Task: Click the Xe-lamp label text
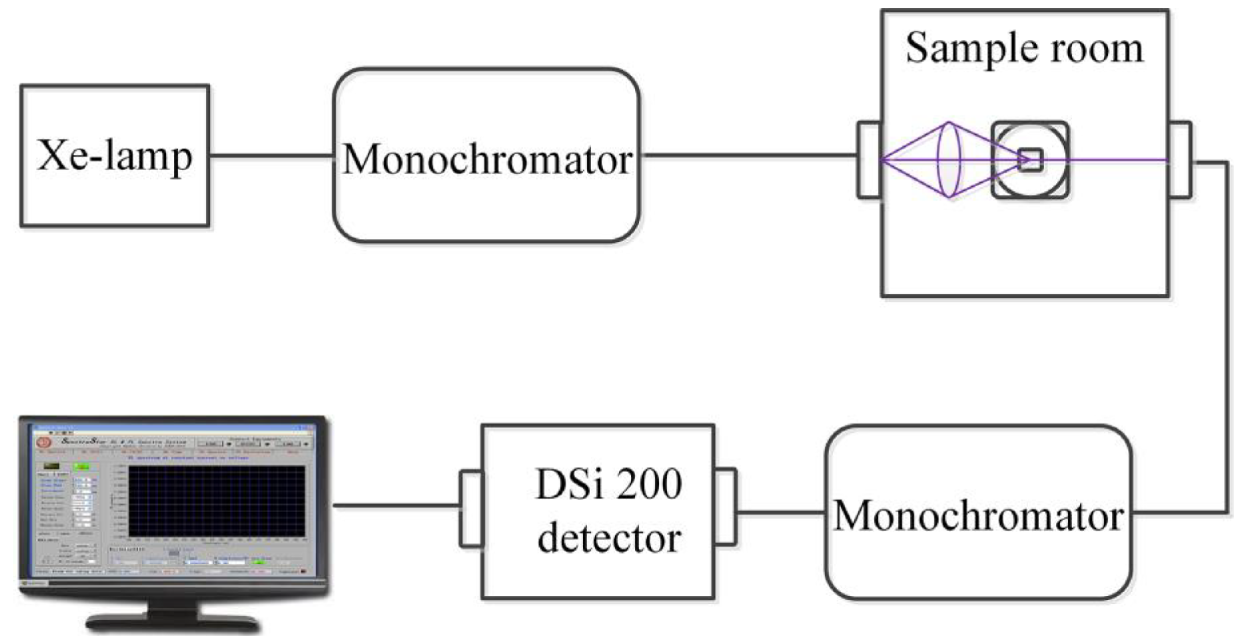point(115,156)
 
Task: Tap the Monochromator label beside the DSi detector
point(978,515)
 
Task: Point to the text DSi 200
point(608,485)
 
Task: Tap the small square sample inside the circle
point(1030,160)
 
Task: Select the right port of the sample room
point(1180,160)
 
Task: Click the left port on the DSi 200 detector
point(471,508)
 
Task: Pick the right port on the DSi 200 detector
point(725,507)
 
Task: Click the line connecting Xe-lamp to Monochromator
point(271,156)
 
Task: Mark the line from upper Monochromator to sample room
point(750,155)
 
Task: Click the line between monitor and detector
point(396,506)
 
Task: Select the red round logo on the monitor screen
point(44,442)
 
